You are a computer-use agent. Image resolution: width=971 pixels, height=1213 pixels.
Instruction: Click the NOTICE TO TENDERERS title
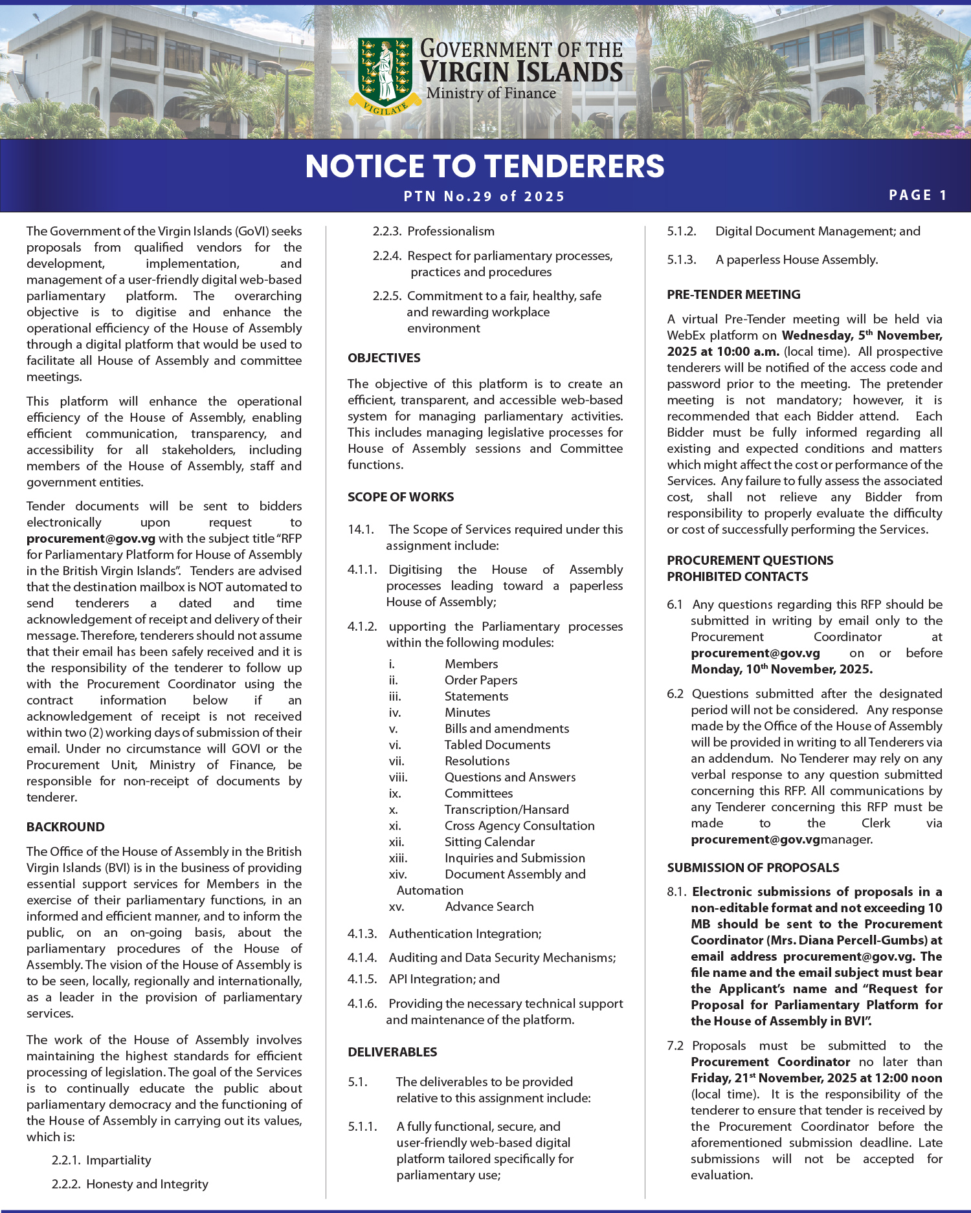[x=485, y=166]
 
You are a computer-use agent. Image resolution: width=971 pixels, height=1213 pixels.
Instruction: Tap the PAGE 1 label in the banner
[x=918, y=195]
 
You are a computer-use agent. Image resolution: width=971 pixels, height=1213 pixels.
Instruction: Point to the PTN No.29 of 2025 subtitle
[x=485, y=197]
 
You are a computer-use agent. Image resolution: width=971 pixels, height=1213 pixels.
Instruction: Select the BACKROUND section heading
[x=65, y=827]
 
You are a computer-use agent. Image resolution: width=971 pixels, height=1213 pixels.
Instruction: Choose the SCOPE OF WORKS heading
[x=401, y=497]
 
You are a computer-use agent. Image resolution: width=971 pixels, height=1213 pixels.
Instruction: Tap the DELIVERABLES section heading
[x=392, y=1052]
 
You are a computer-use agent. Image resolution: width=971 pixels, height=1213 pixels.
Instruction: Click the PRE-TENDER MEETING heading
[x=733, y=294]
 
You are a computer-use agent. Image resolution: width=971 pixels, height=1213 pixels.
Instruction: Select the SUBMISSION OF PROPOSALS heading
[x=753, y=868]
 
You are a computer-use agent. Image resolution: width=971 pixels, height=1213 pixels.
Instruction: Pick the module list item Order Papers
[x=480, y=680]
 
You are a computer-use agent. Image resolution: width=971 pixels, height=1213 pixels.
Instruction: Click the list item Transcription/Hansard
[x=506, y=809]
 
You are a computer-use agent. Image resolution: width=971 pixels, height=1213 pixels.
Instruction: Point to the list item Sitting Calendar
[x=489, y=842]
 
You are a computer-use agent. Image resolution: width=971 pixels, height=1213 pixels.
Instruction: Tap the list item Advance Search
[x=489, y=906]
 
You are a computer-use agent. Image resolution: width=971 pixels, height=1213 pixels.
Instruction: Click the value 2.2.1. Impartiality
[x=101, y=1160]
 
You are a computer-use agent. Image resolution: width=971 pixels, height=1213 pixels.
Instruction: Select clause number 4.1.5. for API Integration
[x=362, y=979]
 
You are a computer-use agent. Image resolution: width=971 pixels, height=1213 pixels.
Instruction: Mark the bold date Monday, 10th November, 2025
[x=781, y=669]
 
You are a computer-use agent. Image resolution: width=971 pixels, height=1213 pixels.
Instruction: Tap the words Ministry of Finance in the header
[x=491, y=93]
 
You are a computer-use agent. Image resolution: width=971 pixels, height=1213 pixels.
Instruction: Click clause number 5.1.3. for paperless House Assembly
[x=681, y=259]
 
